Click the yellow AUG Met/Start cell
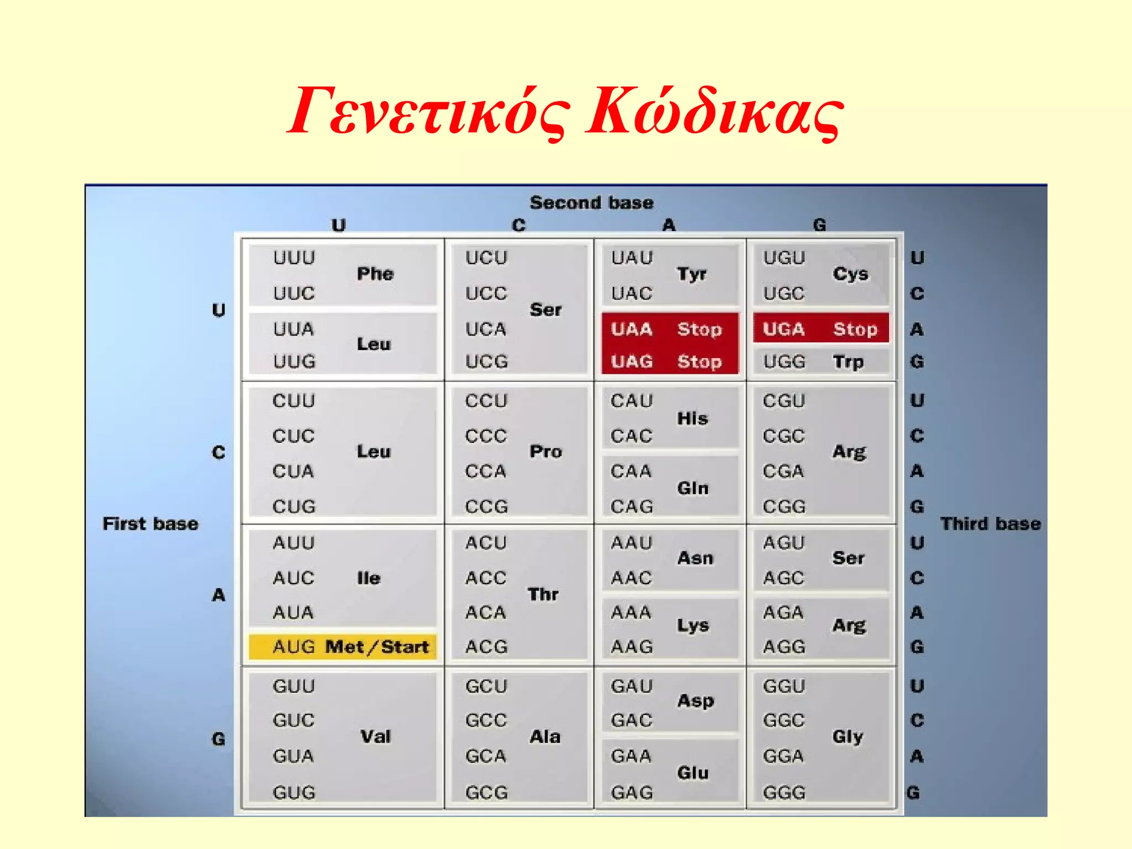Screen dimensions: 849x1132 [343, 647]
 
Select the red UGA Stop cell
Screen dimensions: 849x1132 [821, 329]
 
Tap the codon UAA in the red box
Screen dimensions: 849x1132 [632, 329]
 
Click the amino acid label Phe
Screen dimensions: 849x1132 [375, 274]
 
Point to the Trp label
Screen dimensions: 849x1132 [848, 362]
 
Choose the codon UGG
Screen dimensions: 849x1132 [784, 362]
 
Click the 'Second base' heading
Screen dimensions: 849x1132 [591, 203]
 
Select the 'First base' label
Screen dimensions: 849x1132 [150, 523]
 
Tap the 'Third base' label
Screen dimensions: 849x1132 [990, 523]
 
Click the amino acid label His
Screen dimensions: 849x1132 [693, 418]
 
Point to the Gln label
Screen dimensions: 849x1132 [693, 488]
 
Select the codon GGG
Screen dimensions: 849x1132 [784, 793]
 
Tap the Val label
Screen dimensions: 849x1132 [375, 736]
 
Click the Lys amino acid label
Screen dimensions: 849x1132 [693, 626]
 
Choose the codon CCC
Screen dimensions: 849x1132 [486, 436]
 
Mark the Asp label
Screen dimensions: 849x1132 [696, 701]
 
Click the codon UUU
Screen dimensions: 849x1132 [294, 258]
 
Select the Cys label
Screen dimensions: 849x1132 [851, 274]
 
